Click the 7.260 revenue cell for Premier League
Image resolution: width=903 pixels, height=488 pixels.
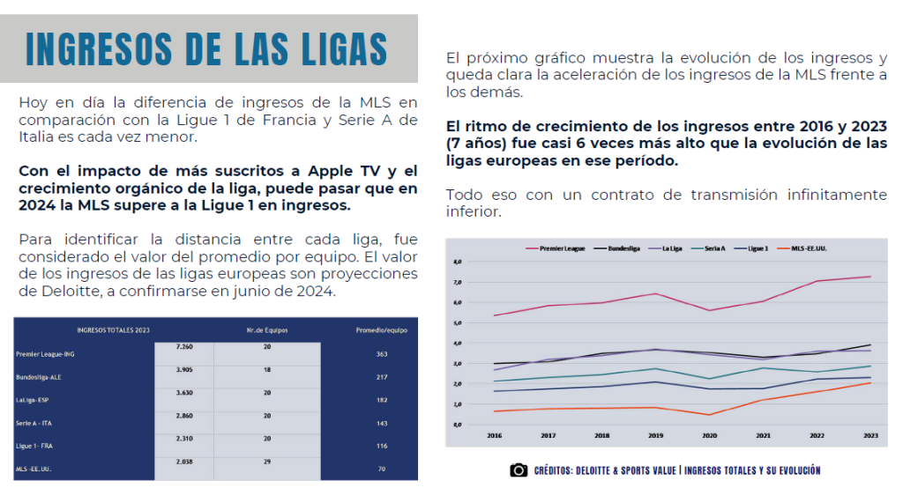(184, 347)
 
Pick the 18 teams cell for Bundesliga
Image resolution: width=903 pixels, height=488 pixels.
(267, 370)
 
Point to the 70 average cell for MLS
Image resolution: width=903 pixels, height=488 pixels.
(382, 469)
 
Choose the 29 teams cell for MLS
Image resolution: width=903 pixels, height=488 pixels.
(267, 462)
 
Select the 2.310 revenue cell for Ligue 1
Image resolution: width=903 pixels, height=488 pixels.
(184, 439)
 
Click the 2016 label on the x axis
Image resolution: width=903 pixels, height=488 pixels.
(494, 435)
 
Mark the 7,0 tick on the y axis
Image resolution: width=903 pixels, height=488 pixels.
(457, 282)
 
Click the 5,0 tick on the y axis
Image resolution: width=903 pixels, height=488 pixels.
(457, 322)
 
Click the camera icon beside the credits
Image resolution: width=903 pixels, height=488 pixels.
(519, 470)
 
